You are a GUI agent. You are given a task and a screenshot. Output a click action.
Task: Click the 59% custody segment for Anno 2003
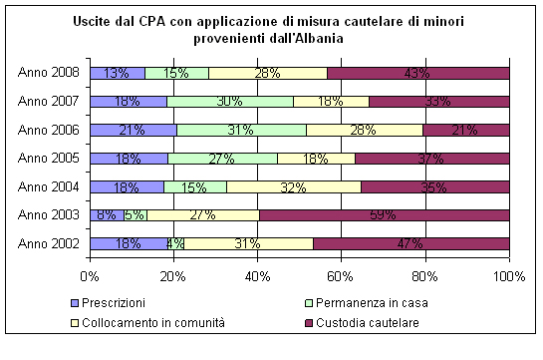coord(385,213)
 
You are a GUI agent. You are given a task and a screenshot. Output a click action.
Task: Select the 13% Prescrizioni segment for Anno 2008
coord(117,73)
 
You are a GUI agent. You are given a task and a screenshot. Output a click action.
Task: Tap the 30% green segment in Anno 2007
coord(230,101)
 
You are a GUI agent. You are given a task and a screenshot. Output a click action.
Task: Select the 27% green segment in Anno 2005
coord(222,158)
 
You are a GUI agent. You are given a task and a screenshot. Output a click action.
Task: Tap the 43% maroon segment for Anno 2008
coord(418,73)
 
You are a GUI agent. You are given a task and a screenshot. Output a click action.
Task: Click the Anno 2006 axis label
coord(49,129)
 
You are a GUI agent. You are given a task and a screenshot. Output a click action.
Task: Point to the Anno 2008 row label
coord(49,73)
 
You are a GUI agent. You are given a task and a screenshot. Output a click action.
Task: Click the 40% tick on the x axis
coord(258,276)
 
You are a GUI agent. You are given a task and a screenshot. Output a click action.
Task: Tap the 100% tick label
coord(508,276)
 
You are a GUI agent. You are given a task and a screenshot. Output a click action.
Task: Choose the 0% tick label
coord(90,276)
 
